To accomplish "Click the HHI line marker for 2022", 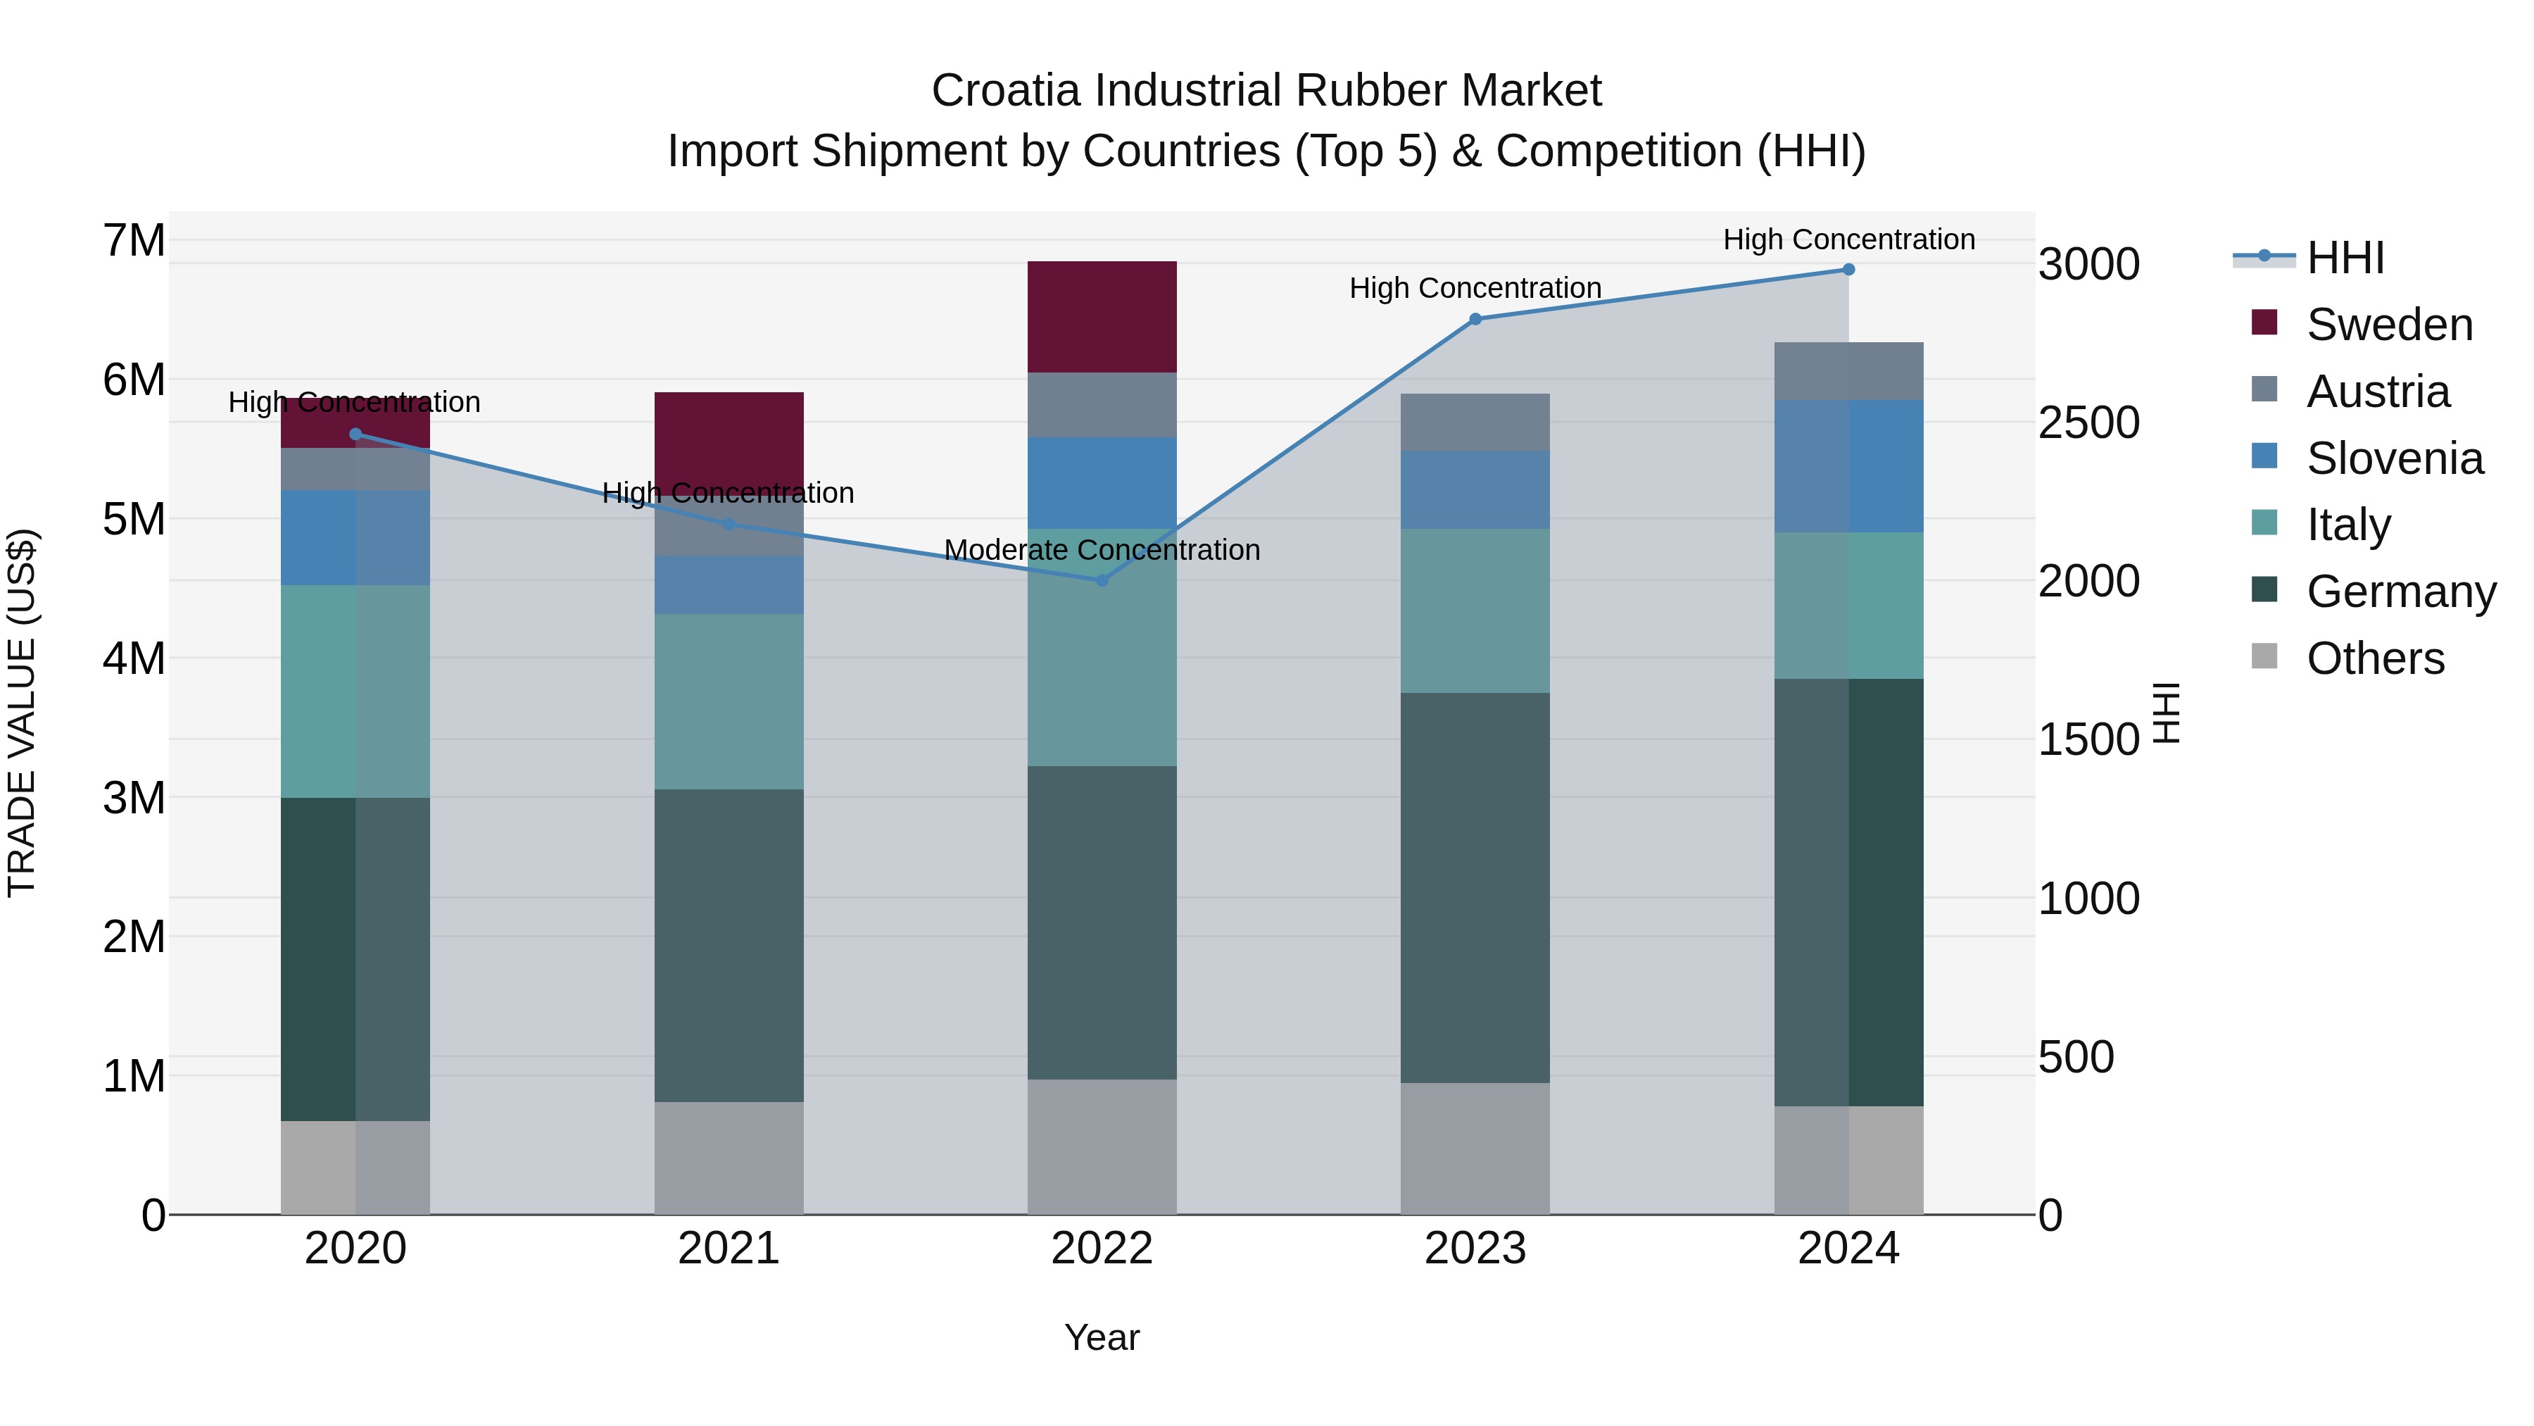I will point(1102,581).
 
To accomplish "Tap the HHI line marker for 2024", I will point(1848,270).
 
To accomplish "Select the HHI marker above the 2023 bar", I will point(1475,319).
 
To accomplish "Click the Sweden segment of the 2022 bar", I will point(1102,317).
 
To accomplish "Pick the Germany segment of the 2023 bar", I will point(1475,888).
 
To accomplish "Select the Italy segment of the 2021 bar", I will point(729,701).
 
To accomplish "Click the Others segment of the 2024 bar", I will point(1848,1161).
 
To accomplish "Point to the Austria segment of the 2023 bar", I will point(1475,423).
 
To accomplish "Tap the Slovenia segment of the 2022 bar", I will point(1102,483).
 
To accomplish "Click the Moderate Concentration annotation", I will point(1102,550).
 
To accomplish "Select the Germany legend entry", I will point(2400,592).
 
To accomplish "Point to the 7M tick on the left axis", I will point(134,241).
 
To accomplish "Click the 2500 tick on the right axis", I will point(2088,423).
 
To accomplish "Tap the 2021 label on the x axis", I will point(729,1249).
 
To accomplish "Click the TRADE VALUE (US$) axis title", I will point(22,713).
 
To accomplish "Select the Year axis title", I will point(1102,1337).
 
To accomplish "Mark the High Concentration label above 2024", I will point(1848,239).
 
